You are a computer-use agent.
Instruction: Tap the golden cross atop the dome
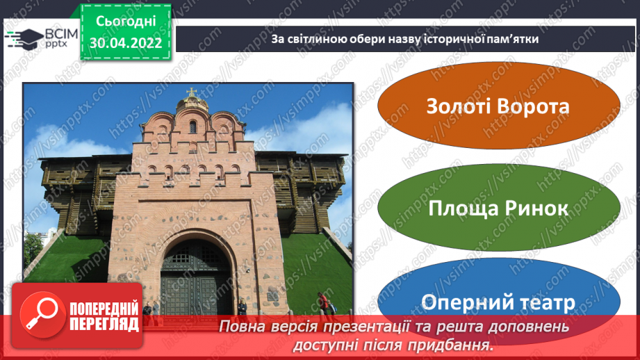coord(191,92)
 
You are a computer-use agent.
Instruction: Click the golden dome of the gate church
coord(192,104)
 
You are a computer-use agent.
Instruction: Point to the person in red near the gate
coord(322,304)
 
